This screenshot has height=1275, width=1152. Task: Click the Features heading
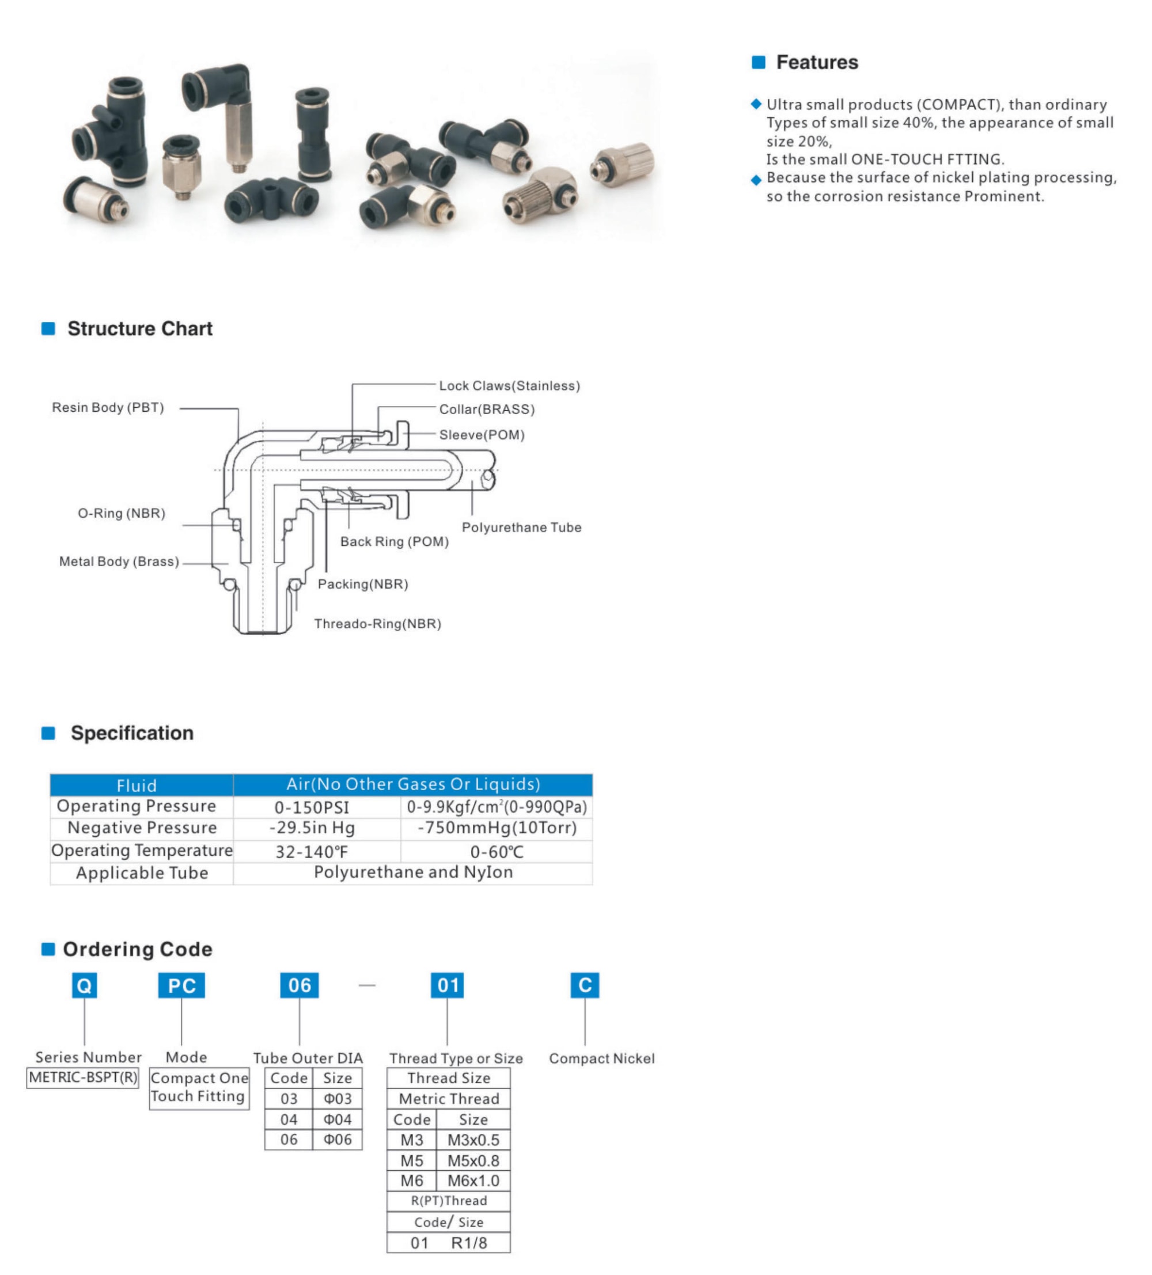pos(816,62)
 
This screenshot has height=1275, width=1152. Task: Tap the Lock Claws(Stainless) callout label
pos(509,385)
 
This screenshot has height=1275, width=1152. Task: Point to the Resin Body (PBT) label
pos(108,407)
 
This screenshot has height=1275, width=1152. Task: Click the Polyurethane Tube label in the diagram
pos(521,528)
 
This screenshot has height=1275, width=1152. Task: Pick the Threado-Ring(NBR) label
pos(378,624)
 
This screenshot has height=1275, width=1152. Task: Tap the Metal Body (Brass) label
pos(119,561)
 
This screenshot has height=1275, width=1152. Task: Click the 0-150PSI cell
pos(311,807)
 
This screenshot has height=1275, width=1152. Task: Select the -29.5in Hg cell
pos(312,828)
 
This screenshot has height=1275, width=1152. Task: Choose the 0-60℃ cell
pos(497,852)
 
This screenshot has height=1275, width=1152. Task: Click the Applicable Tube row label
pos(142,874)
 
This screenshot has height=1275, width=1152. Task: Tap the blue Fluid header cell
pos(136,785)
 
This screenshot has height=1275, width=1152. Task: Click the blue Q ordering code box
pos(84,985)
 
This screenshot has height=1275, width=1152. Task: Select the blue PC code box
pos(181,985)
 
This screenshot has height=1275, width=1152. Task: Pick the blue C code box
pos(585,985)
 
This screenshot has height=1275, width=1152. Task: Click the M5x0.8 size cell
pos(472,1160)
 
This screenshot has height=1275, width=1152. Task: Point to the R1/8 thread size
pos(469,1243)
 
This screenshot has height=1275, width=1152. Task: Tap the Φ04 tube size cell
pos(337,1120)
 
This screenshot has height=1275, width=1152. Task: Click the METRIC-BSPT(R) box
pos(83,1077)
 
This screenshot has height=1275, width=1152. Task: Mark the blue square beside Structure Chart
pos(48,328)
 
